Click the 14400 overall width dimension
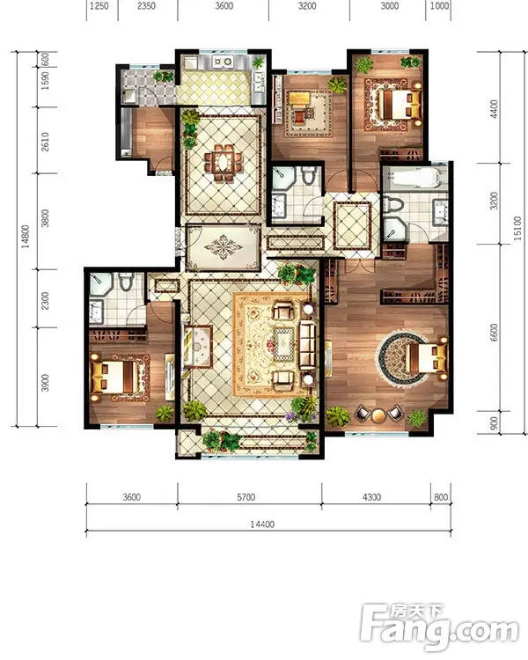[x=262, y=524]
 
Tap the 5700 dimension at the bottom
[x=246, y=497]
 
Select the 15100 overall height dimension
[x=517, y=229]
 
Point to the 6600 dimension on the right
[x=494, y=332]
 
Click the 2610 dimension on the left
[x=45, y=142]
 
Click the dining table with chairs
[x=224, y=163]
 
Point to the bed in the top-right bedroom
[x=400, y=105]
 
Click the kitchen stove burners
[x=223, y=62]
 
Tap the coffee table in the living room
[x=286, y=343]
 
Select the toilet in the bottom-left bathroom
[x=126, y=282]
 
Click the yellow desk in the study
[x=299, y=99]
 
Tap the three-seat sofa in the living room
[x=308, y=344]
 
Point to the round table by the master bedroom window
[x=378, y=414]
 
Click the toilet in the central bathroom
[x=309, y=175]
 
